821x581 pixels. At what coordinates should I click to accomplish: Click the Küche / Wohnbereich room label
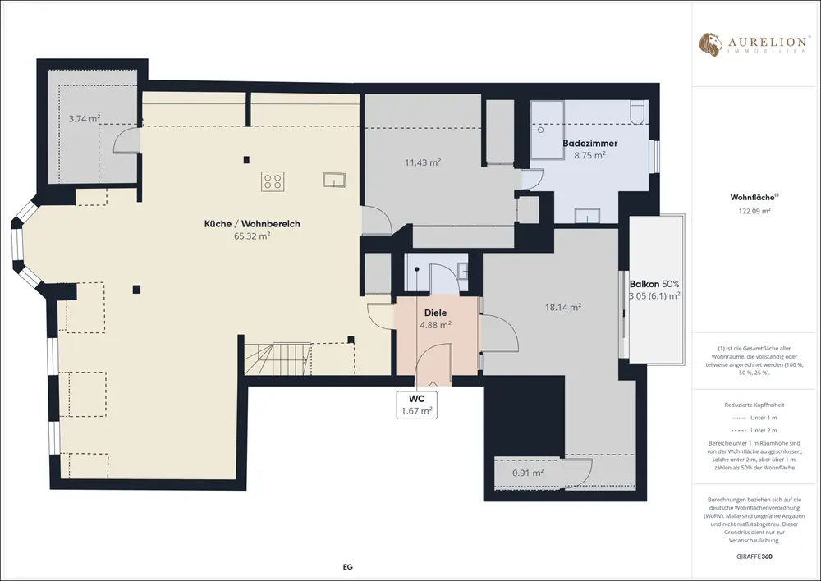[252, 224]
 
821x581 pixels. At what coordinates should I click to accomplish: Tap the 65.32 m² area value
[252, 236]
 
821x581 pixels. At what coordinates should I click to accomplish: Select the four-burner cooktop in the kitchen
[273, 181]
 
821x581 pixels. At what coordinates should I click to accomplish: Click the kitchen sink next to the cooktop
[333, 180]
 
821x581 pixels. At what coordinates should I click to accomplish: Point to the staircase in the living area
[277, 359]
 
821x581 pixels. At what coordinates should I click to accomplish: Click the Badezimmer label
[590, 143]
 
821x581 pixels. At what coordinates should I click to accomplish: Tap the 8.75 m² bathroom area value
[590, 155]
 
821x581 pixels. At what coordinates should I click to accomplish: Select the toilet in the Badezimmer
[638, 112]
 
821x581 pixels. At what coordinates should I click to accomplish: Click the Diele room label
[436, 313]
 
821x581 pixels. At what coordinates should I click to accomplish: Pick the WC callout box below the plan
[417, 405]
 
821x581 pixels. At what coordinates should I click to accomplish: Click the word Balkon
[644, 284]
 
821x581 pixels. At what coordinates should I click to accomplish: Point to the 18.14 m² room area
[563, 307]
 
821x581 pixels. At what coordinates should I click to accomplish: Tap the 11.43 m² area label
[423, 162]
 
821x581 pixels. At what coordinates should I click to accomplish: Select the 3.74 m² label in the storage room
[85, 119]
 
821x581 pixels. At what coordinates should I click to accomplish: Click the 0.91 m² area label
[528, 473]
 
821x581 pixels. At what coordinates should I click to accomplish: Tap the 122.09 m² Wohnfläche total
[751, 211]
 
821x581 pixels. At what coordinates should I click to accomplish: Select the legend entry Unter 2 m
[764, 430]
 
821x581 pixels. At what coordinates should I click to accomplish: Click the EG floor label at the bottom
[347, 566]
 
